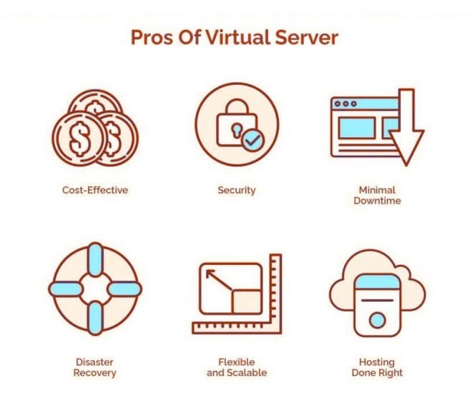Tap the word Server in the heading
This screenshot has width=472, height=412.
coord(306,38)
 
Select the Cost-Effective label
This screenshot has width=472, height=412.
coord(95,190)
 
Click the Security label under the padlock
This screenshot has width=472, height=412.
coord(237,191)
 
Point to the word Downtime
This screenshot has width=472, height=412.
coord(377,201)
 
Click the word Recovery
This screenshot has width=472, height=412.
coord(95,373)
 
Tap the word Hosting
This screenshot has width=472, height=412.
coord(377,363)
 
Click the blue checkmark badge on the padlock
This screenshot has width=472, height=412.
coord(253,140)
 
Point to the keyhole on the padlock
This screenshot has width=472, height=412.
coord(236,130)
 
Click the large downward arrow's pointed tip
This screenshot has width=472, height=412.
coord(406,165)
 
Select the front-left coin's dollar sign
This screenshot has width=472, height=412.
coord(79,139)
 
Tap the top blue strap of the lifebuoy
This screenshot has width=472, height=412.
coord(95,260)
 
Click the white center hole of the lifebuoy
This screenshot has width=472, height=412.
coord(95,288)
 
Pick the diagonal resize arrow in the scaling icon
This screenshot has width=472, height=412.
coord(219,280)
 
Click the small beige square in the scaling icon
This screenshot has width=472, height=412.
coord(247,302)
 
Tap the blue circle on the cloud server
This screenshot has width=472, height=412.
coord(377,321)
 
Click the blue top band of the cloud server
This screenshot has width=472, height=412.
coord(378,281)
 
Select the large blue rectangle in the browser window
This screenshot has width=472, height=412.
coord(357,128)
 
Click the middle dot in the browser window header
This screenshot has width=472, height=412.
coord(345,104)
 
